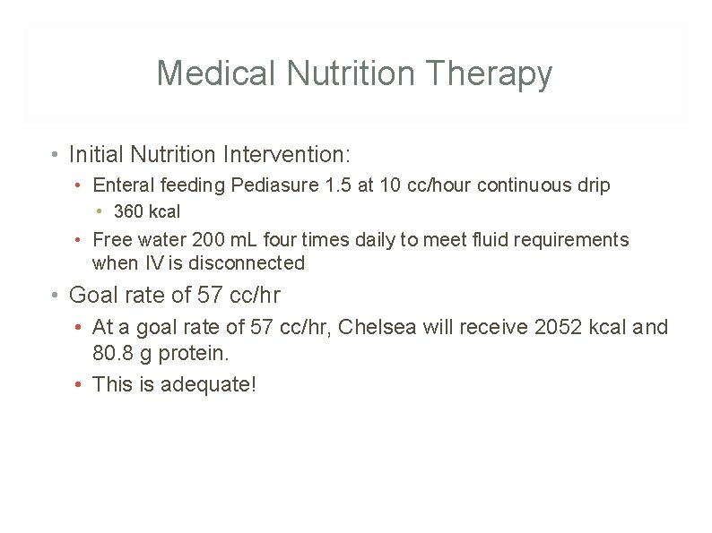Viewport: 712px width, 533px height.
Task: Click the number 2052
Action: point(557,327)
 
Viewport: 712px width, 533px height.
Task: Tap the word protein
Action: point(197,353)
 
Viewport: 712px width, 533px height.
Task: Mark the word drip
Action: point(594,185)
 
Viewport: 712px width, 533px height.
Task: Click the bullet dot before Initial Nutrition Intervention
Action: point(56,155)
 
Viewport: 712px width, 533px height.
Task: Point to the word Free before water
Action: point(111,240)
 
